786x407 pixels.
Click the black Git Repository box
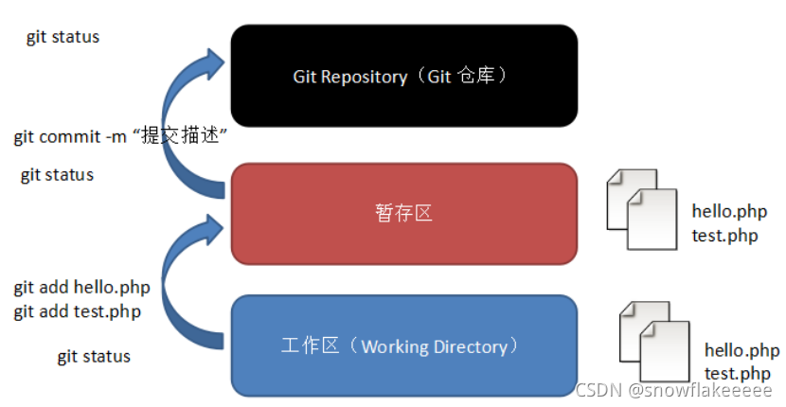pyautogui.click(x=404, y=76)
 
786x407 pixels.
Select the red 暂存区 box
pyautogui.click(x=404, y=214)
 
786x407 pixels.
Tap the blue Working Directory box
pyautogui.click(x=404, y=346)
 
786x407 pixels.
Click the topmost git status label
pyautogui.click(x=63, y=38)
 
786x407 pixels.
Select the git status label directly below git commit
pyautogui.click(x=57, y=175)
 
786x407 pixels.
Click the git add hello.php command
pyautogui.click(x=81, y=287)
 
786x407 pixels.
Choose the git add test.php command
pyautogui.click(x=78, y=310)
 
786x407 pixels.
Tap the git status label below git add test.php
pyautogui.click(x=94, y=357)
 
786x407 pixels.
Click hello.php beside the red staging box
pyautogui.click(x=729, y=211)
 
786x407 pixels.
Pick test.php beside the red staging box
pyautogui.click(x=724, y=236)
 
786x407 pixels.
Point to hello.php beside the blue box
pyautogui.click(x=741, y=350)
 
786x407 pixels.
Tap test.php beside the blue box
pyautogui.click(x=737, y=374)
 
